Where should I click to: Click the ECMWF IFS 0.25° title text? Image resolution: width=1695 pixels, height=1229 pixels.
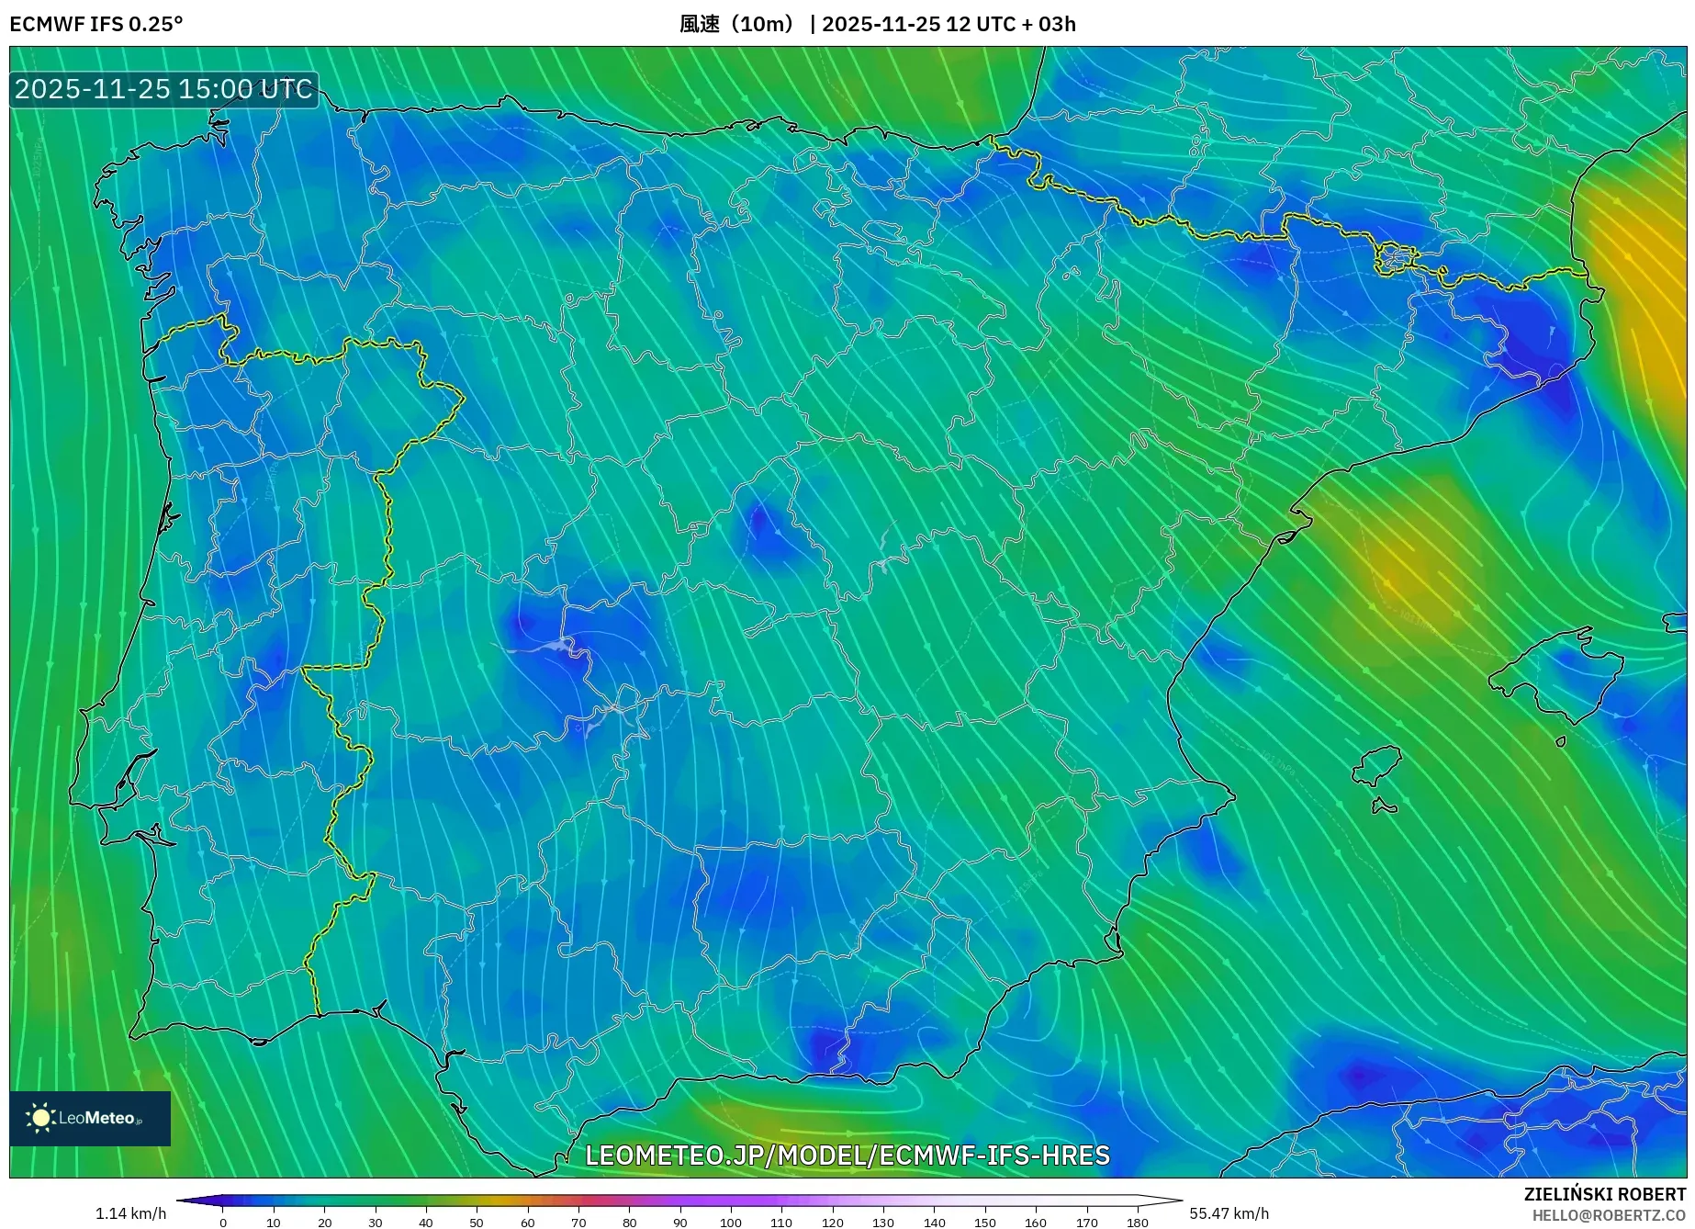(96, 24)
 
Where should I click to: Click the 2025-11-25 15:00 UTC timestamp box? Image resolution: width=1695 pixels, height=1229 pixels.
(163, 89)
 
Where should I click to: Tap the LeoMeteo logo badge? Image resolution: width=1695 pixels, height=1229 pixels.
(90, 1118)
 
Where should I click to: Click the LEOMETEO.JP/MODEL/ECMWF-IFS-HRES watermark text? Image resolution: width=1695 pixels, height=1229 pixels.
(847, 1155)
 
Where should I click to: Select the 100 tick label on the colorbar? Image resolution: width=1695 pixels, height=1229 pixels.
(730, 1223)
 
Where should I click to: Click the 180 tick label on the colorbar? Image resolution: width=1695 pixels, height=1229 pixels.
(1137, 1223)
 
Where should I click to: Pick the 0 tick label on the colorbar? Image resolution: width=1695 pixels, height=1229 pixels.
(222, 1223)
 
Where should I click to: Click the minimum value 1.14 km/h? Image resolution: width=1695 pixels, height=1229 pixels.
(130, 1213)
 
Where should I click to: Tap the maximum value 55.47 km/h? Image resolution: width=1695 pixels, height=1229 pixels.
(1229, 1213)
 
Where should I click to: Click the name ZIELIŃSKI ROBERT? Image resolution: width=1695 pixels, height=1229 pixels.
(1604, 1195)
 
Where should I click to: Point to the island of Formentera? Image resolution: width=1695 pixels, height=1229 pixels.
(1384, 807)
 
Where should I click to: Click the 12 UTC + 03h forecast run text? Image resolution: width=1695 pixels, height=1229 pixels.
(1010, 24)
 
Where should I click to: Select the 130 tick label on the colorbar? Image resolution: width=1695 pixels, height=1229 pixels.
(882, 1223)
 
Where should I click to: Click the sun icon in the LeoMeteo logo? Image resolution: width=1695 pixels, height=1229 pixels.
(41, 1118)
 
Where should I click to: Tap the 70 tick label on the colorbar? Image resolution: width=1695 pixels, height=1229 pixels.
(578, 1223)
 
